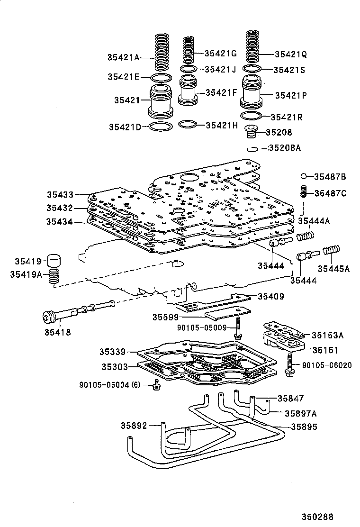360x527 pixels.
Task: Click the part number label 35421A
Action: point(123,57)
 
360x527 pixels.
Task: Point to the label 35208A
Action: point(284,148)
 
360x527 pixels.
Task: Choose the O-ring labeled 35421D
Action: point(161,127)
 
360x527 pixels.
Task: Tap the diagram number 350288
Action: point(322,517)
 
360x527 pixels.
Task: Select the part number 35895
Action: point(304,427)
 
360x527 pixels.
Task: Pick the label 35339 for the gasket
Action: point(112,352)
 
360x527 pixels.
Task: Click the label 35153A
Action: point(327,335)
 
